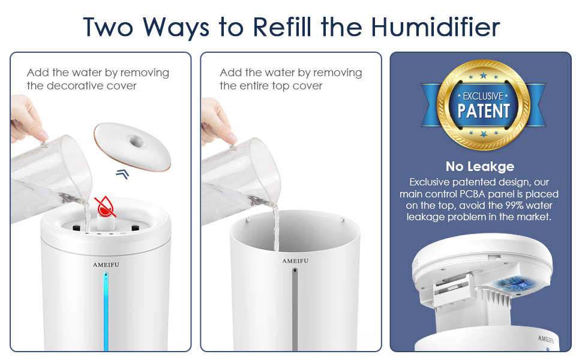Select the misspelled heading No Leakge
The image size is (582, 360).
[x=480, y=167]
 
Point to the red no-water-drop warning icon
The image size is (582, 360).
[x=106, y=205]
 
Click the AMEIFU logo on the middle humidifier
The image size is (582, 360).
[x=295, y=261]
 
